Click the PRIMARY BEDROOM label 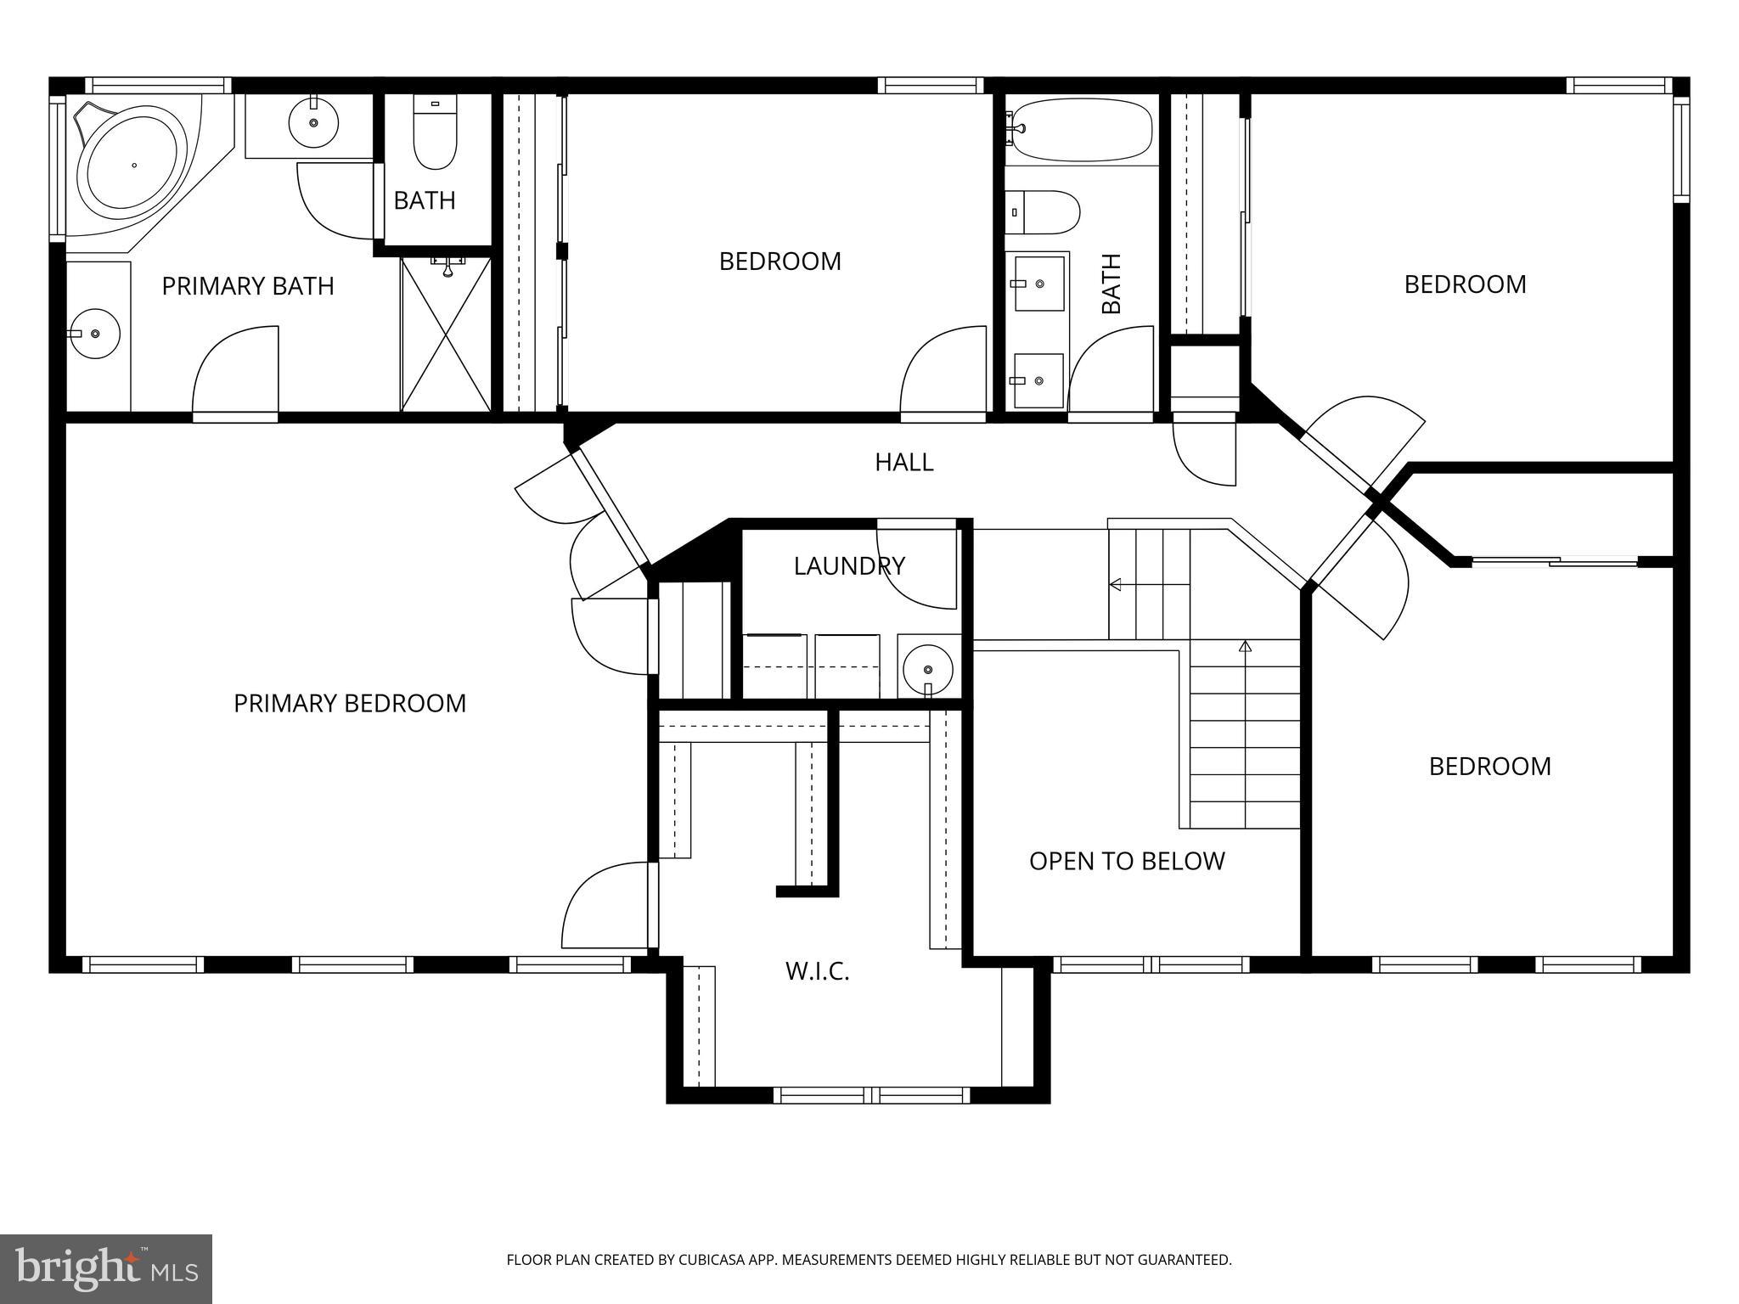coord(350,703)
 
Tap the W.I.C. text coord(817,971)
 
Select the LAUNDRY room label coord(849,565)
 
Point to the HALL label coord(904,462)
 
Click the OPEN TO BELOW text coord(1127,861)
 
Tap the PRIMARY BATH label coord(248,286)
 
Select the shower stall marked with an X coord(446,334)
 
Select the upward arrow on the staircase coord(1245,647)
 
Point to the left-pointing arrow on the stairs coord(1116,584)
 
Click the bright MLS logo coord(106,1268)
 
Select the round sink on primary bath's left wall coord(95,334)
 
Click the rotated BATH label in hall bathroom coord(1111,284)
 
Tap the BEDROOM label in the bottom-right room coord(1489,766)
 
